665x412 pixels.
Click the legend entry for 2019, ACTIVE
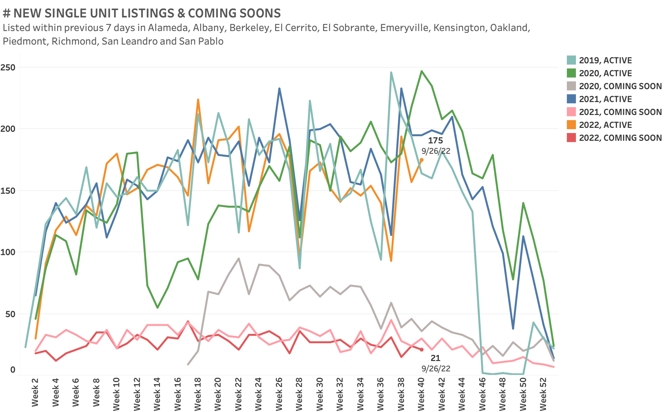pos(605,60)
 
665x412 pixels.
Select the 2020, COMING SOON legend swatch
pos(571,86)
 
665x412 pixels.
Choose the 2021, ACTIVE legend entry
pos(605,99)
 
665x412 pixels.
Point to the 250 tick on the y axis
pos(8,68)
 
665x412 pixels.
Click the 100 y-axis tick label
pos(8,252)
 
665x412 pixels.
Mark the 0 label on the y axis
pos(13,370)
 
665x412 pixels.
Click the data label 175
pos(435,141)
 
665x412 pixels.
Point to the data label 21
pos(435,358)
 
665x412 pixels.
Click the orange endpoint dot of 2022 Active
pos(422,160)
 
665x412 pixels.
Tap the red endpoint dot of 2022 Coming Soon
pos(422,350)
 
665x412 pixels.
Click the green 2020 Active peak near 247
pos(422,71)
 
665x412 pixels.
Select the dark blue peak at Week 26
pos(279,89)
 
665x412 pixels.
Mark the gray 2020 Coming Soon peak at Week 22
pos(239,258)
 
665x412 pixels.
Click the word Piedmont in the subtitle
pos(25,41)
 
